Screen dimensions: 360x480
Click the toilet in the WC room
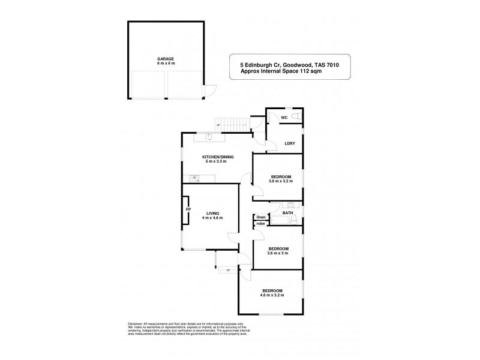[x=297, y=116]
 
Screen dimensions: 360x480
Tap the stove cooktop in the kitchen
[x=194, y=178]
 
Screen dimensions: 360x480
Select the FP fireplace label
[x=188, y=209]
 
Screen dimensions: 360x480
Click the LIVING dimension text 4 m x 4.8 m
[x=212, y=218]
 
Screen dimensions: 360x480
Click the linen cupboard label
[x=261, y=217]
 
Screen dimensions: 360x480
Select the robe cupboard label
[x=260, y=224]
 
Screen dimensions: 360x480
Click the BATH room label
[x=287, y=212]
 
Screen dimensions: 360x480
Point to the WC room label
[x=284, y=118]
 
